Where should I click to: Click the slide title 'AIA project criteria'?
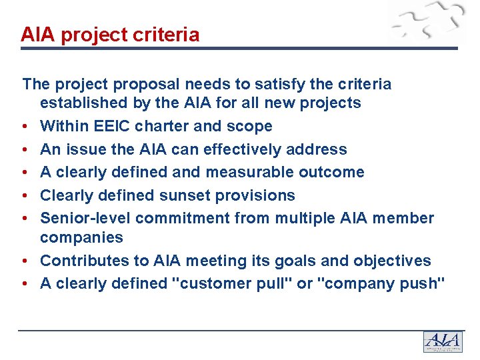pos(110,35)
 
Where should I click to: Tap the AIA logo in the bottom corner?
pos(443,341)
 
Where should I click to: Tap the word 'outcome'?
pos(331,172)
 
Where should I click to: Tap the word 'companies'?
pos(81,237)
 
